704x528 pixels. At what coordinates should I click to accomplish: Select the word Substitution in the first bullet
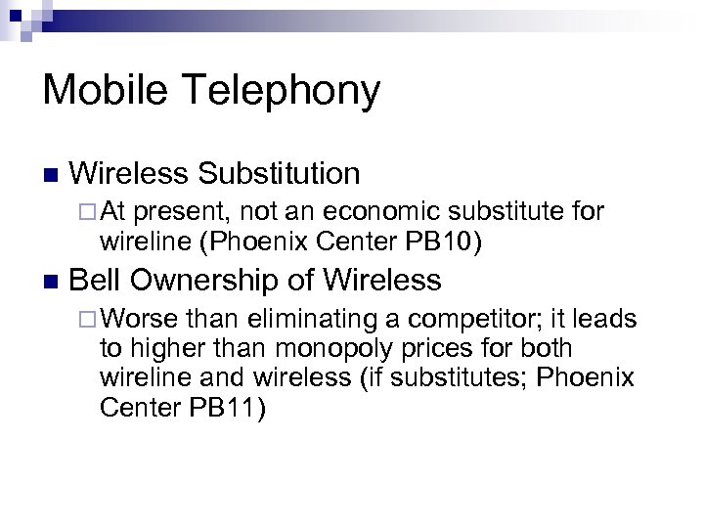point(280,174)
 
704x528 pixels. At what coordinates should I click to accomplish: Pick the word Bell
point(97,281)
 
